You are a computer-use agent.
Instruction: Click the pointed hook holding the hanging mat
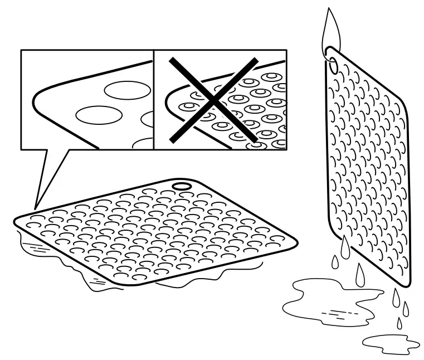point(332,28)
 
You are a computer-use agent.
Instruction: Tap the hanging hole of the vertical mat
point(334,65)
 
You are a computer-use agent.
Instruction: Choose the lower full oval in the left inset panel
point(99,115)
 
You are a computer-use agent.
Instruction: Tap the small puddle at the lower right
point(390,341)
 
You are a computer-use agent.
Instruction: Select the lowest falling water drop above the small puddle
point(399,323)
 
